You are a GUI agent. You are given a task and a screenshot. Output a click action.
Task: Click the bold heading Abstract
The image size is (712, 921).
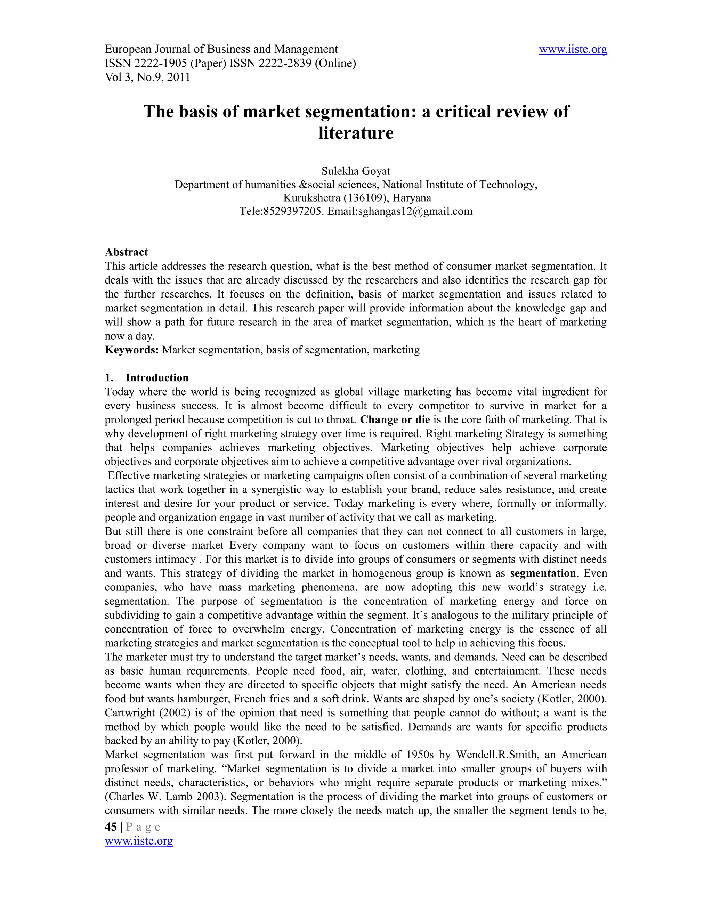pyautogui.click(x=126, y=252)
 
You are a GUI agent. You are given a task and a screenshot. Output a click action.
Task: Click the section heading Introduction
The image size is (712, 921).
pyautogui.click(x=157, y=378)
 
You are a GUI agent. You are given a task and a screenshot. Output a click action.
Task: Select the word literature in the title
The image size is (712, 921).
pyautogui.click(x=356, y=133)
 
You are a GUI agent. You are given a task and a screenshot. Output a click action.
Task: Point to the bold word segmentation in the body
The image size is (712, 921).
pyautogui.click(x=542, y=573)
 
